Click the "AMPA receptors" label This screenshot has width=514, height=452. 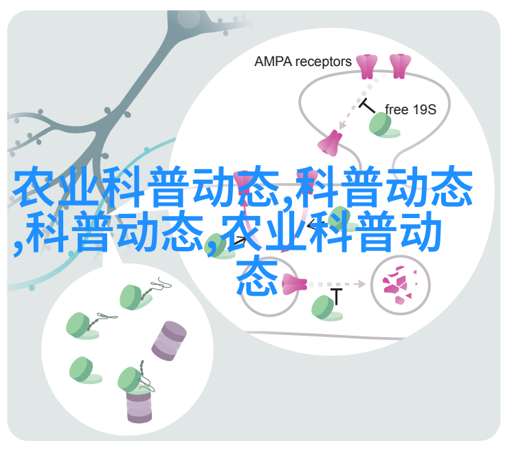302,62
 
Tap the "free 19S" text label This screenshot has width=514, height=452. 410,109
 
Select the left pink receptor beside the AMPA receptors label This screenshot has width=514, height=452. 366,67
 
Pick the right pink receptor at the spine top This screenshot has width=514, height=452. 400,66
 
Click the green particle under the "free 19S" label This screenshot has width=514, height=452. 383,125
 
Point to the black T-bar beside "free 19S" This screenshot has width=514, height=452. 366,106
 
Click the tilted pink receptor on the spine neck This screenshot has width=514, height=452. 329,143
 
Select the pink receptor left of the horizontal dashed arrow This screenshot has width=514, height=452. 294,284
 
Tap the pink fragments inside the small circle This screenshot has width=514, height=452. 400,285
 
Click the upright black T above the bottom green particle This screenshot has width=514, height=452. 336,297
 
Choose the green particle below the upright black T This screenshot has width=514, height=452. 326,308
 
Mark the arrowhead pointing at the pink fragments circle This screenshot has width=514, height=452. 362,284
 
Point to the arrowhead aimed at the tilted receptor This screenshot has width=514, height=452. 342,125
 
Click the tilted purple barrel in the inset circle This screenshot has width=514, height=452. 169,341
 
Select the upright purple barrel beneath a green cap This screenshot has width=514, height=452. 139,405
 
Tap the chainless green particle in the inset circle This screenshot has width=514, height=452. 84,370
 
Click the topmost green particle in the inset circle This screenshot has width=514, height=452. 133,297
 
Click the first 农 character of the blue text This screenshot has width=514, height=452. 34,186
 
